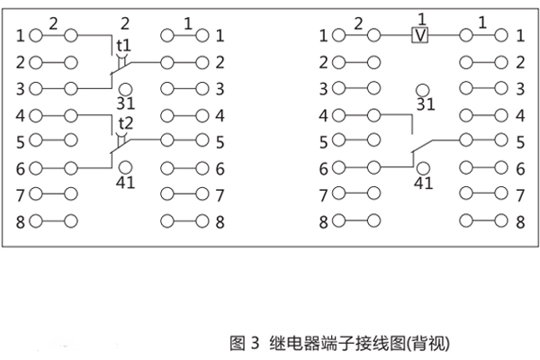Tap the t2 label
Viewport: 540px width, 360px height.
tap(124, 122)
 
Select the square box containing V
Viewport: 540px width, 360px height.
tap(419, 35)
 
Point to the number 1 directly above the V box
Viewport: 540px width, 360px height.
tap(419, 18)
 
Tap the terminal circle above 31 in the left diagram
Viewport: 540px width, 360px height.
tap(125, 88)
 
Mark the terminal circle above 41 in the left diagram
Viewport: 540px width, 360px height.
tap(125, 167)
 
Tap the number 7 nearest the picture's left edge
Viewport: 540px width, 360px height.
tap(20, 193)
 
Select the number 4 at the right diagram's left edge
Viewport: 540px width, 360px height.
tap(325, 115)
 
